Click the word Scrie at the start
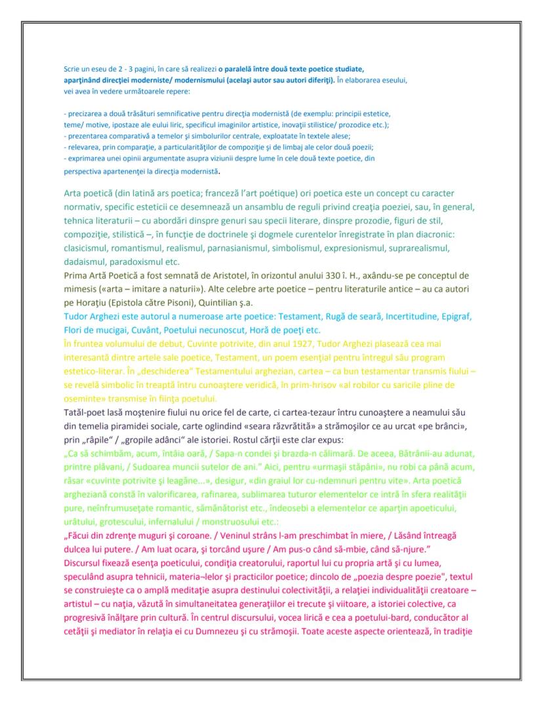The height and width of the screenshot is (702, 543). [70, 68]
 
